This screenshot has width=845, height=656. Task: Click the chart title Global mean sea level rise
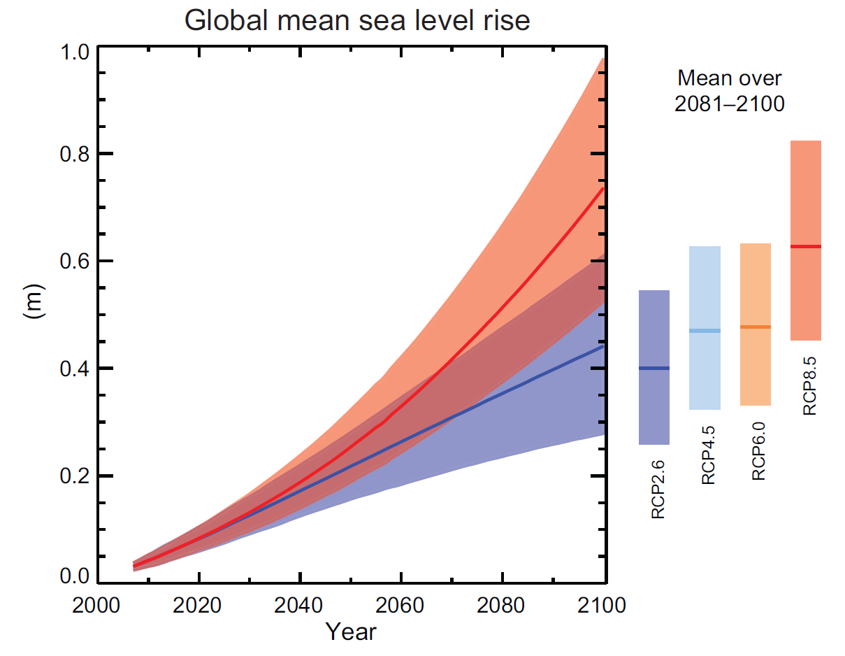[357, 20]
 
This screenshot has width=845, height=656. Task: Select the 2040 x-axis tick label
[300, 606]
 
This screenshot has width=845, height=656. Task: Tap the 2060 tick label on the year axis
[400, 606]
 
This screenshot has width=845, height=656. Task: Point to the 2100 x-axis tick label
[602, 606]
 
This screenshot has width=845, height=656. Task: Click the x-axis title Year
[351, 632]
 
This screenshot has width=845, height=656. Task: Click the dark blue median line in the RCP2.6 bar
[653, 368]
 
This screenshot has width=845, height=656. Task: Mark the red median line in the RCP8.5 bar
[805, 246]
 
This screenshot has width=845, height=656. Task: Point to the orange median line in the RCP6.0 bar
[755, 327]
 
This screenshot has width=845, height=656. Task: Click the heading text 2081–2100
[730, 104]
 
